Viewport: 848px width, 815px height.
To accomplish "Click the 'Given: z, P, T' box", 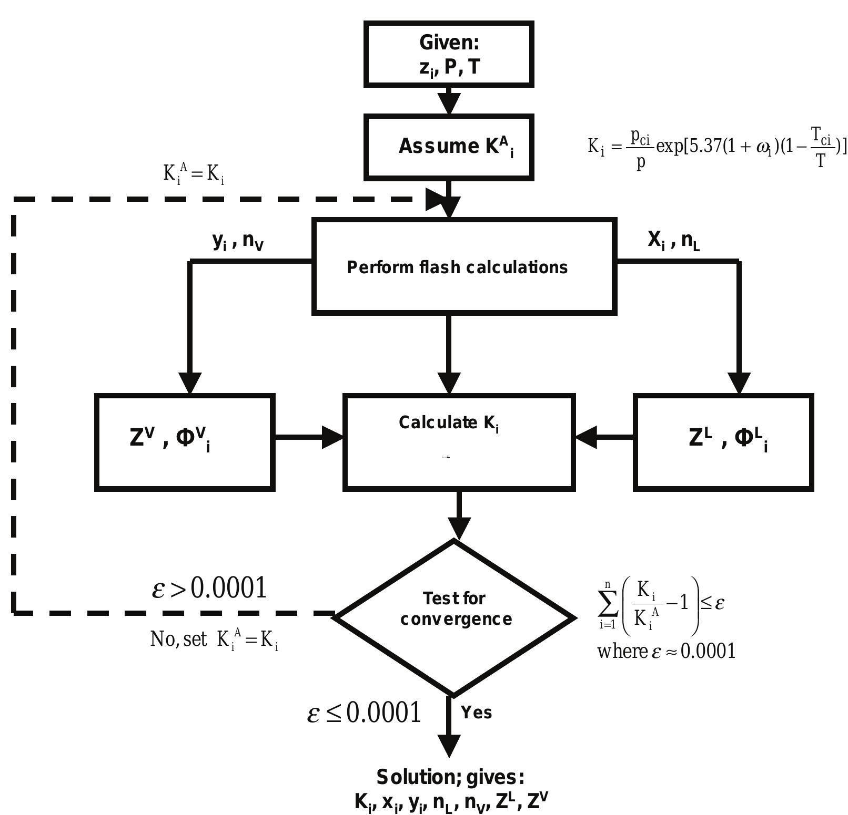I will [449, 54].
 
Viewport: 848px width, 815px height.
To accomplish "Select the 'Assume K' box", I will [449, 147].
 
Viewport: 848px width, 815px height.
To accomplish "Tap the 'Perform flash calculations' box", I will [464, 267].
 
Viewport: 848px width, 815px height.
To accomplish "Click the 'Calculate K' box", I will [459, 442].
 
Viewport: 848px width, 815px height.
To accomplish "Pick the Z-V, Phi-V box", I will [185, 442].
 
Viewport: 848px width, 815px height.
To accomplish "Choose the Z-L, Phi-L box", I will [723, 442].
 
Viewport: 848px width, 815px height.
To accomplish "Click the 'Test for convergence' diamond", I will [455, 617].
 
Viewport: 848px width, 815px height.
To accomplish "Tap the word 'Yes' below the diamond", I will [476, 713].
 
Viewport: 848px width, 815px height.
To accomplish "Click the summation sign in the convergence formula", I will [608, 604].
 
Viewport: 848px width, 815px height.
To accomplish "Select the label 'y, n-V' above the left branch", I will [237, 241].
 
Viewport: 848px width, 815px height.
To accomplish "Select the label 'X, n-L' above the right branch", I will [673, 240].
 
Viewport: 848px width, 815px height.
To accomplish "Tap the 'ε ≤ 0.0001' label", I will [364, 713].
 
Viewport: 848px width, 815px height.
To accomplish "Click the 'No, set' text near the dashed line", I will [178, 639].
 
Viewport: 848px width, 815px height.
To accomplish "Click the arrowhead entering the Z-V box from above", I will [190, 382].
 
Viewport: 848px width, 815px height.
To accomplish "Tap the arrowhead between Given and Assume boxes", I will [449, 103].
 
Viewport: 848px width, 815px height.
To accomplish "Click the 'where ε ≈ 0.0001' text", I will [666, 652].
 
